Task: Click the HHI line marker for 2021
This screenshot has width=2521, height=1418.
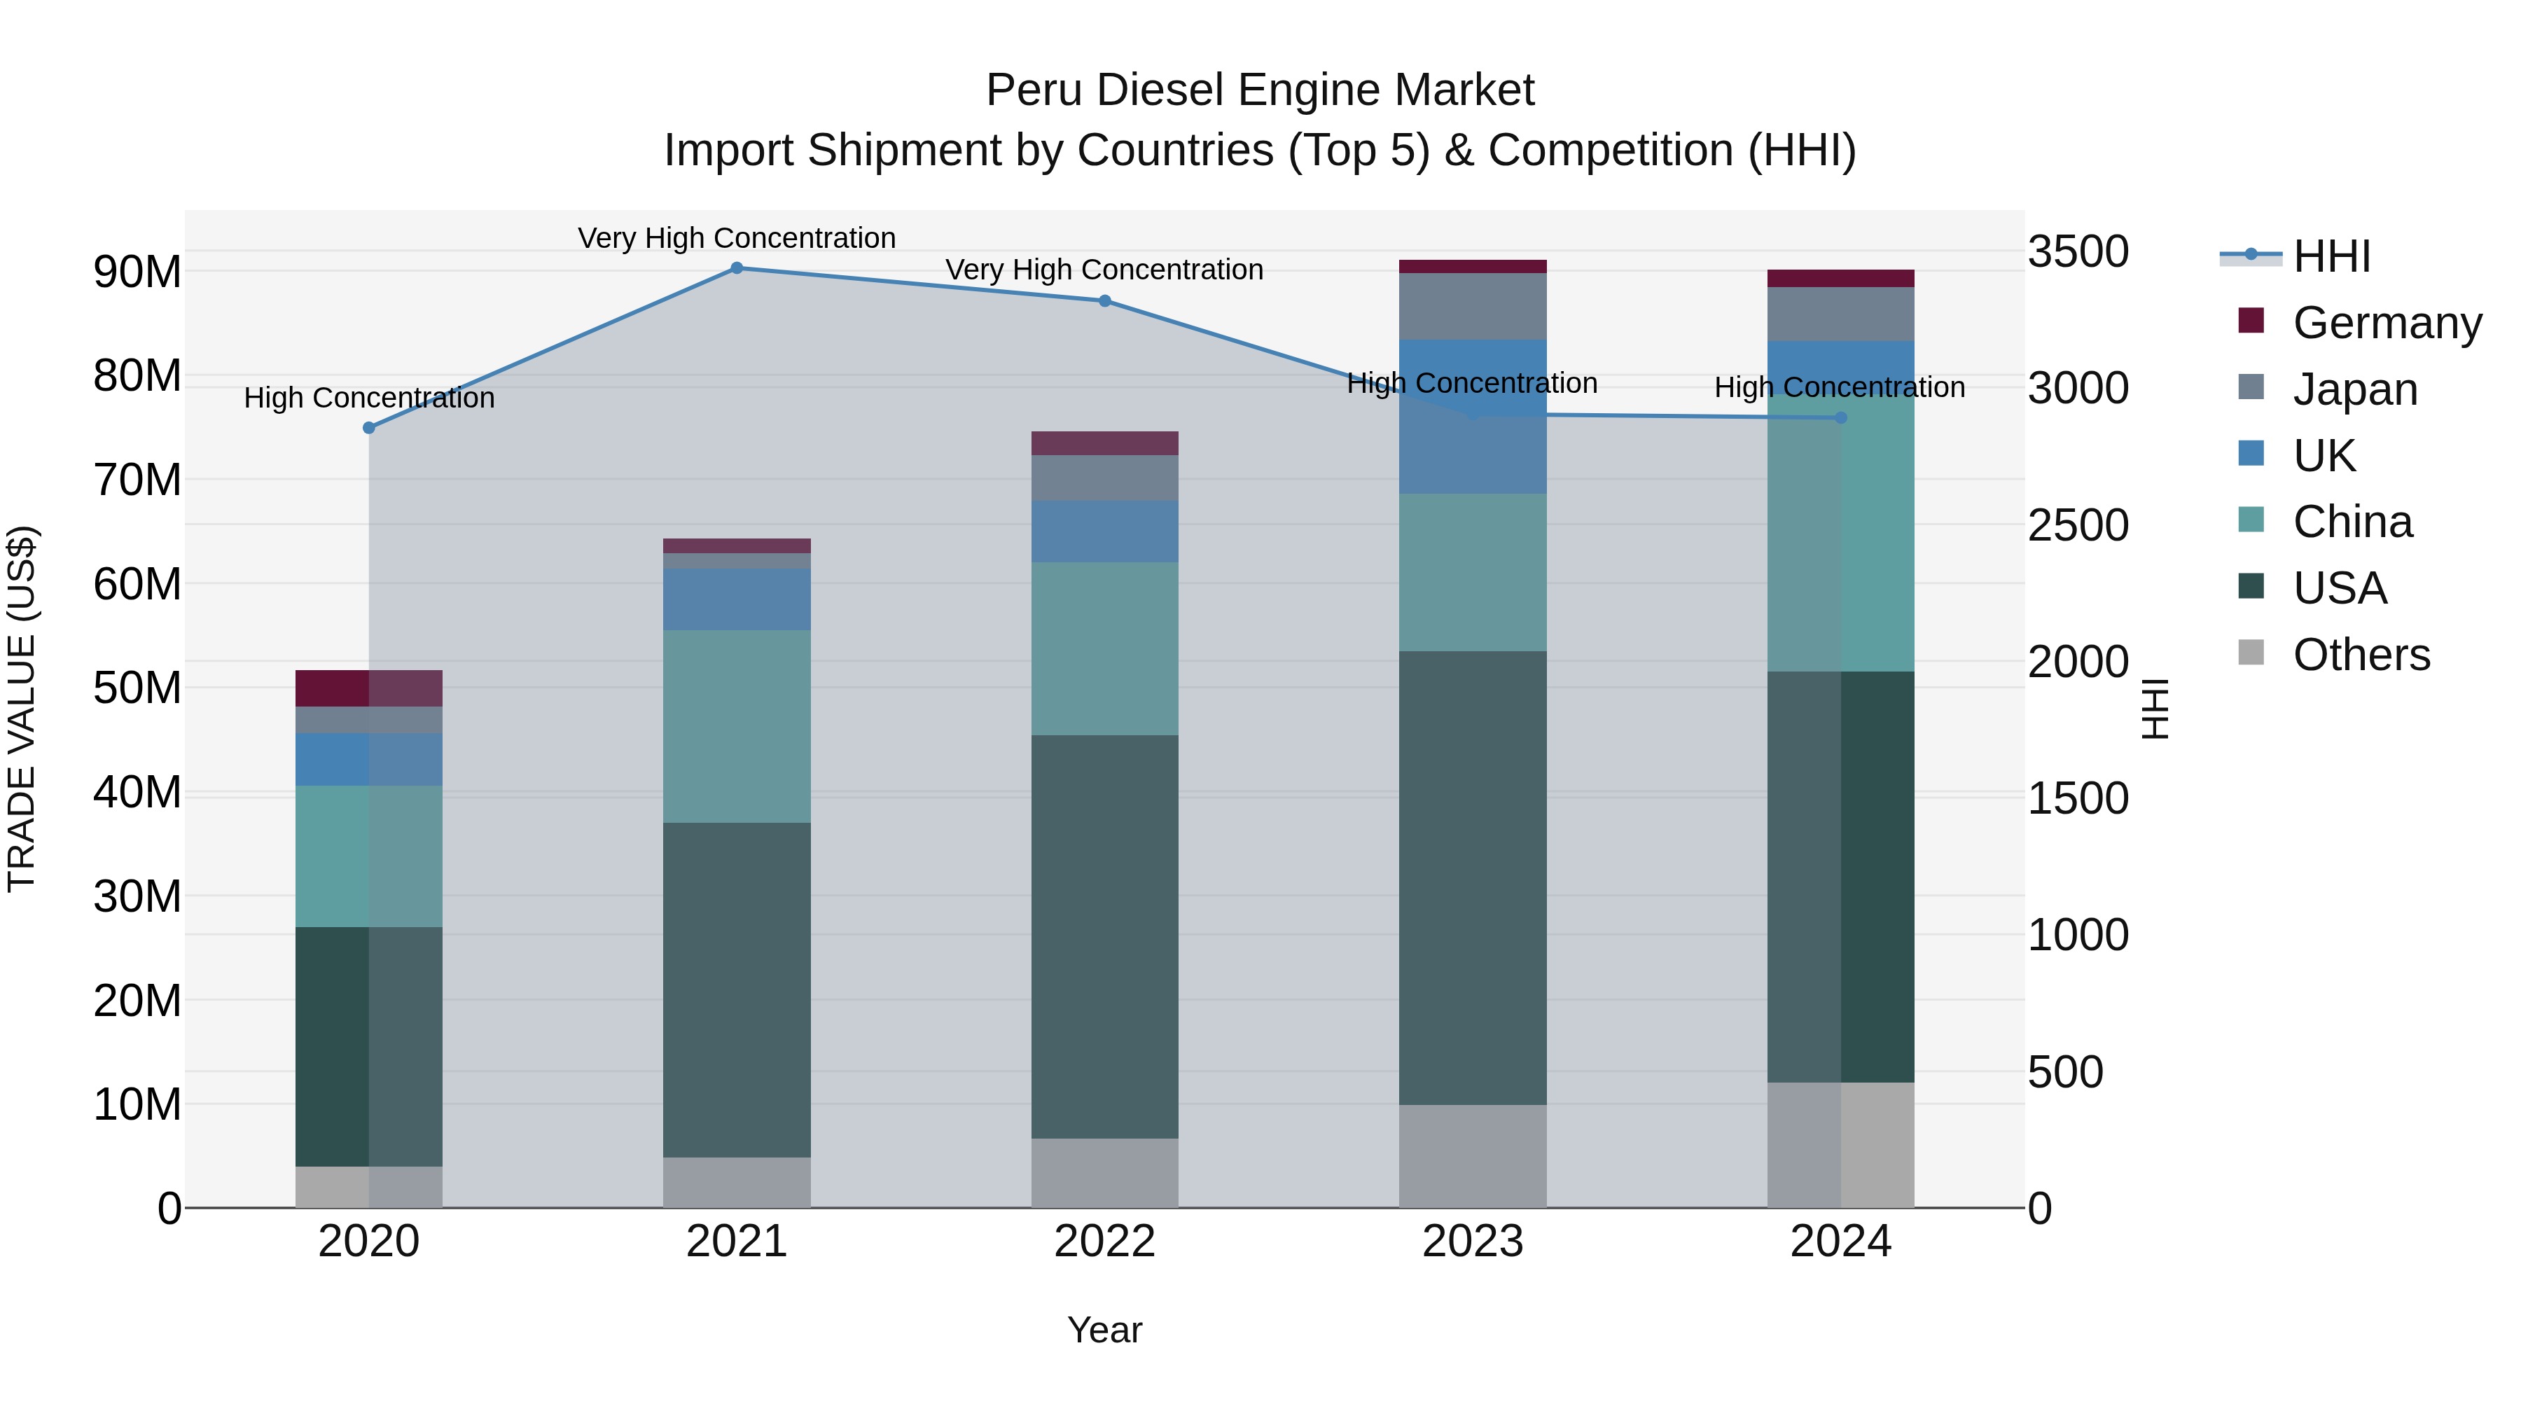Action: pos(737,268)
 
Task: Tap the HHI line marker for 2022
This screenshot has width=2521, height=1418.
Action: pos(1105,300)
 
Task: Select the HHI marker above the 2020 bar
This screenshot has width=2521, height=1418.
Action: pos(369,428)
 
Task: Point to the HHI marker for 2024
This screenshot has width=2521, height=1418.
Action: pos(1841,418)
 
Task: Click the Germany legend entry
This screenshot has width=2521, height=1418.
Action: pos(2386,323)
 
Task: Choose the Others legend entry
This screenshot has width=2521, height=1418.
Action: pos(2361,655)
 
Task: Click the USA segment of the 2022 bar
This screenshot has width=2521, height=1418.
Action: pos(1105,936)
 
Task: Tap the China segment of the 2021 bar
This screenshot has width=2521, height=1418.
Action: pos(737,726)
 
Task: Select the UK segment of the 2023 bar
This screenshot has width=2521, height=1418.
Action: pos(1473,416)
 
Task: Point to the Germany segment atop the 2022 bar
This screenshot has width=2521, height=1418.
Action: pos(1105,443)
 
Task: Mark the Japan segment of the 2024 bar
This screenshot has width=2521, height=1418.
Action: pos(1841,314)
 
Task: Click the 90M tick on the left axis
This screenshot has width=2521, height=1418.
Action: pos(137,272)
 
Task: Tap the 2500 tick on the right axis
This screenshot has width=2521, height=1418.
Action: pos(2078,525)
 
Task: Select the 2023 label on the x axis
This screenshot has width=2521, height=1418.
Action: pos(1473,1242)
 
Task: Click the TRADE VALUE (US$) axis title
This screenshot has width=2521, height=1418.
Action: pos(22,709)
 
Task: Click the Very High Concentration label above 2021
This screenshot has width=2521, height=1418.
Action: pos(737,238)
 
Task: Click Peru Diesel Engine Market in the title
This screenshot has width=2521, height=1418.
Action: pos(1260,90)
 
